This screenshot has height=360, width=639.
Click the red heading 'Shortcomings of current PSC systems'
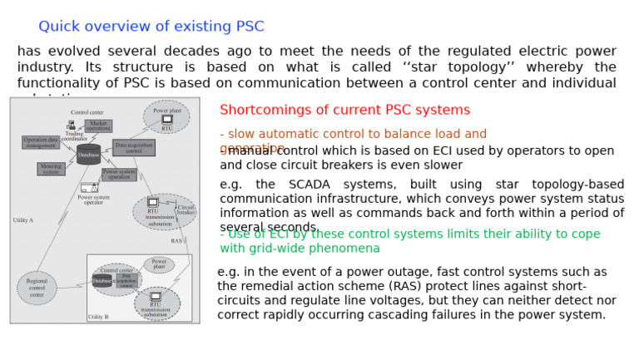(344, 110)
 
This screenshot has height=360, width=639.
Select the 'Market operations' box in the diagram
(98, 126)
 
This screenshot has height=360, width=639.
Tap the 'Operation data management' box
(41, 142)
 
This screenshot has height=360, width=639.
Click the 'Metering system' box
(50, 169)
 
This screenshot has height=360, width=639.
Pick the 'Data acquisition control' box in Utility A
(134, 148)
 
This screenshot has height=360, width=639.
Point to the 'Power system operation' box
(119, 175)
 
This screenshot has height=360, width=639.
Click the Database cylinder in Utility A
(88, 155)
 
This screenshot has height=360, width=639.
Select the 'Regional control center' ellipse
(37, 288)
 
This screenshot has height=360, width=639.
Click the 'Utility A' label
(23, 220)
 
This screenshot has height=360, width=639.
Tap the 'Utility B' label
(98, 317)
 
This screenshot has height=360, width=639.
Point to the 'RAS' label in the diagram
(176, 241)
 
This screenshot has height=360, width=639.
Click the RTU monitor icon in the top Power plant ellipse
(167, 120)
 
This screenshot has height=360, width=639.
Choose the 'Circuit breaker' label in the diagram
(186, 210)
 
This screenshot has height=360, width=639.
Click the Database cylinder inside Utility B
(102, 281)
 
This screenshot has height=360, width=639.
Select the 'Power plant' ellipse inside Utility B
(158, 264)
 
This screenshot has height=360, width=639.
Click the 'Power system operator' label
(93, 200)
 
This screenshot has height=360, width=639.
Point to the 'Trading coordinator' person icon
(72, 125)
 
